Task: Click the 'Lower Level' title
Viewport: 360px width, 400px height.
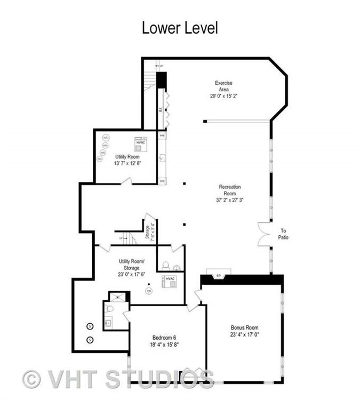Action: [x=180, y=28]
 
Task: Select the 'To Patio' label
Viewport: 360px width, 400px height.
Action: [x=283, y=234]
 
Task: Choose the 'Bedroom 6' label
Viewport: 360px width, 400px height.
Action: [x=164, y=338]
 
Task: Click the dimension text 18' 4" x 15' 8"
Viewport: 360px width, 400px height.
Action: [x=164, y=345]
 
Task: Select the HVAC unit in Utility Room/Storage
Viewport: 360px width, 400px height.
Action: [x=170, y=281]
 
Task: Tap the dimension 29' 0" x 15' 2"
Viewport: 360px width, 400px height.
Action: [x=223, y=97]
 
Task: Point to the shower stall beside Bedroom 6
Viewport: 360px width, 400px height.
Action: [x=118, y=297]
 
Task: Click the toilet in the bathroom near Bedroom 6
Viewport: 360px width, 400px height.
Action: [x=109, y=309]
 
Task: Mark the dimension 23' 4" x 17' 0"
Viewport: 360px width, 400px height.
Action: [x=245, y=334]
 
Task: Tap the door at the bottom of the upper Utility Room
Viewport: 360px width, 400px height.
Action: [x=126, y=182]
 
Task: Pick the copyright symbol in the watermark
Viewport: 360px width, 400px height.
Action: [x=32, y=379]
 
